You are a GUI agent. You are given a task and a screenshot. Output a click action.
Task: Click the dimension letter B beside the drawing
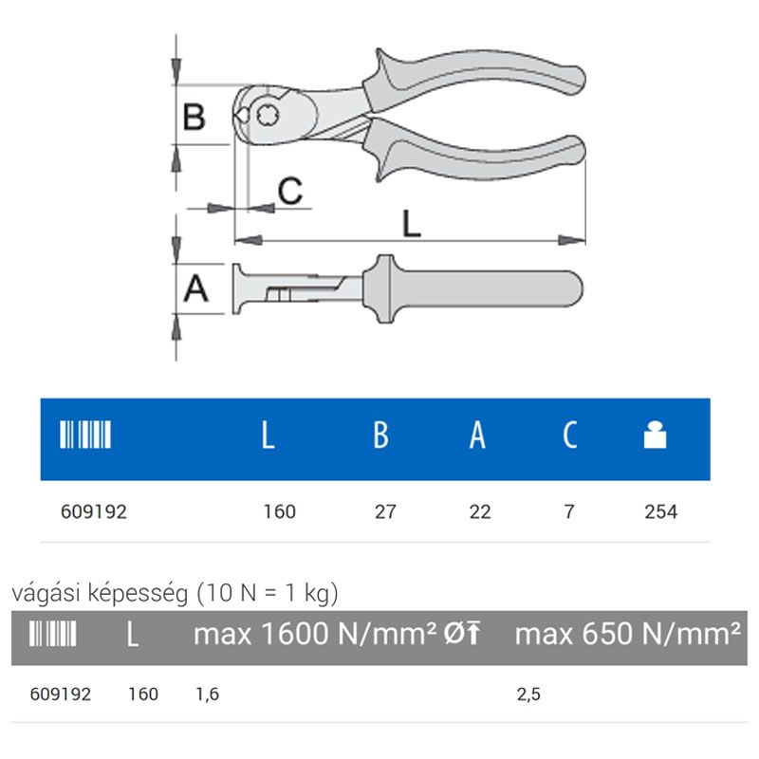194,117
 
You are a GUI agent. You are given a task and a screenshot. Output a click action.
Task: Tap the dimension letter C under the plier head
290,191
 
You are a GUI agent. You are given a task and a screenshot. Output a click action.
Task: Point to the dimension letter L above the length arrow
412,224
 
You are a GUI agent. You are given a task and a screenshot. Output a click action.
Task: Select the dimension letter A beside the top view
196,288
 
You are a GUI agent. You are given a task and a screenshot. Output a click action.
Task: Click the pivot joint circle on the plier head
268,115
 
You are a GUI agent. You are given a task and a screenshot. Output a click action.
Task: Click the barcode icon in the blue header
85,435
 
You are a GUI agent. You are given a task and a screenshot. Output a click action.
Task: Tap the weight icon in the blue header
655,435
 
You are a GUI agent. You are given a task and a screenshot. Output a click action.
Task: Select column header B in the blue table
381,435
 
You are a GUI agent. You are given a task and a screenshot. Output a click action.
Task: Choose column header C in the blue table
570,435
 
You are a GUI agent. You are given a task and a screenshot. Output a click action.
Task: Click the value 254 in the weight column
660,511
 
